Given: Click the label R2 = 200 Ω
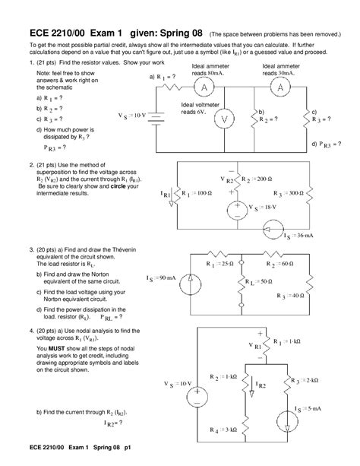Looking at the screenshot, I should tap(253, 179).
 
